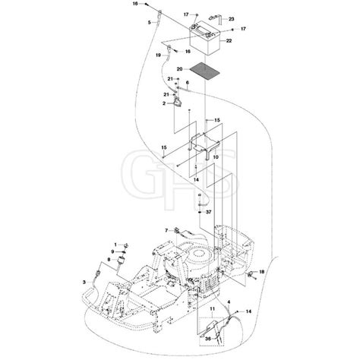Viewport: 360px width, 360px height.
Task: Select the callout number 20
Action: pyautogui.click(x=181, y=69)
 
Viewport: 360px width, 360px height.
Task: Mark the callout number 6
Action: pyautogui.click(x=187, y=82)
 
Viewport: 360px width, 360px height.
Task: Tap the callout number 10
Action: pyautogui.click(x=215, y=157)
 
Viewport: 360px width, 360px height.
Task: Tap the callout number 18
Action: pyautogui.click(x=261, y=271)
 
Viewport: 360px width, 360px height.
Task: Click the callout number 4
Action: pyautogui.click(x=229, y=303)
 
